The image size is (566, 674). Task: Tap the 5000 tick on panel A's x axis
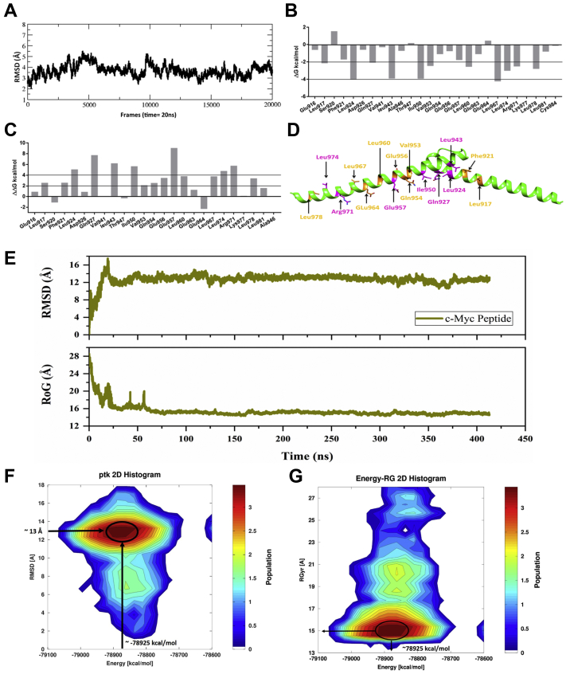click(x=88, y=104)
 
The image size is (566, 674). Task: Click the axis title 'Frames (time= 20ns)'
click(x=149, y=113)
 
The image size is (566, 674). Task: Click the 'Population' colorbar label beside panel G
click(x=557, y=568)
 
